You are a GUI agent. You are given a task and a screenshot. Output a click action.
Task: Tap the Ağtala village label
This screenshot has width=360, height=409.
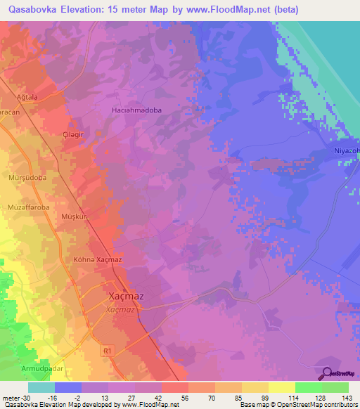[27, 97]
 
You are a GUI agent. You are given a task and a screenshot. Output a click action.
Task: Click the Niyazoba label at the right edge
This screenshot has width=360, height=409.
[346, 151]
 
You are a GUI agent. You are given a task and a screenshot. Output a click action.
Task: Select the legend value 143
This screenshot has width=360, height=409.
[348, 398]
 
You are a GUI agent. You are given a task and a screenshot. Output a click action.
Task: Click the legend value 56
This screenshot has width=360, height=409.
[184, 398]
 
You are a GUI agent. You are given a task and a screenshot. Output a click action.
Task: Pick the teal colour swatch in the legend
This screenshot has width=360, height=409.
[41, 387]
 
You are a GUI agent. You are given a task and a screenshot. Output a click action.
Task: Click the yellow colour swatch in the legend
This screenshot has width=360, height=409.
[281, 387]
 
